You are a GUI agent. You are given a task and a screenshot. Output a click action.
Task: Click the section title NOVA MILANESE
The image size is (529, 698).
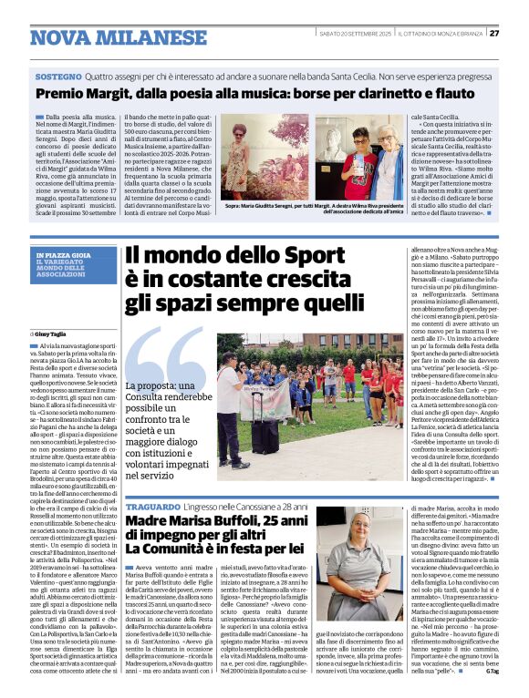coord(119,37)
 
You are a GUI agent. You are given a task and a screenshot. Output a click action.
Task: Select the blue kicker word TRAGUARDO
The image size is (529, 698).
coord(153,507)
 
